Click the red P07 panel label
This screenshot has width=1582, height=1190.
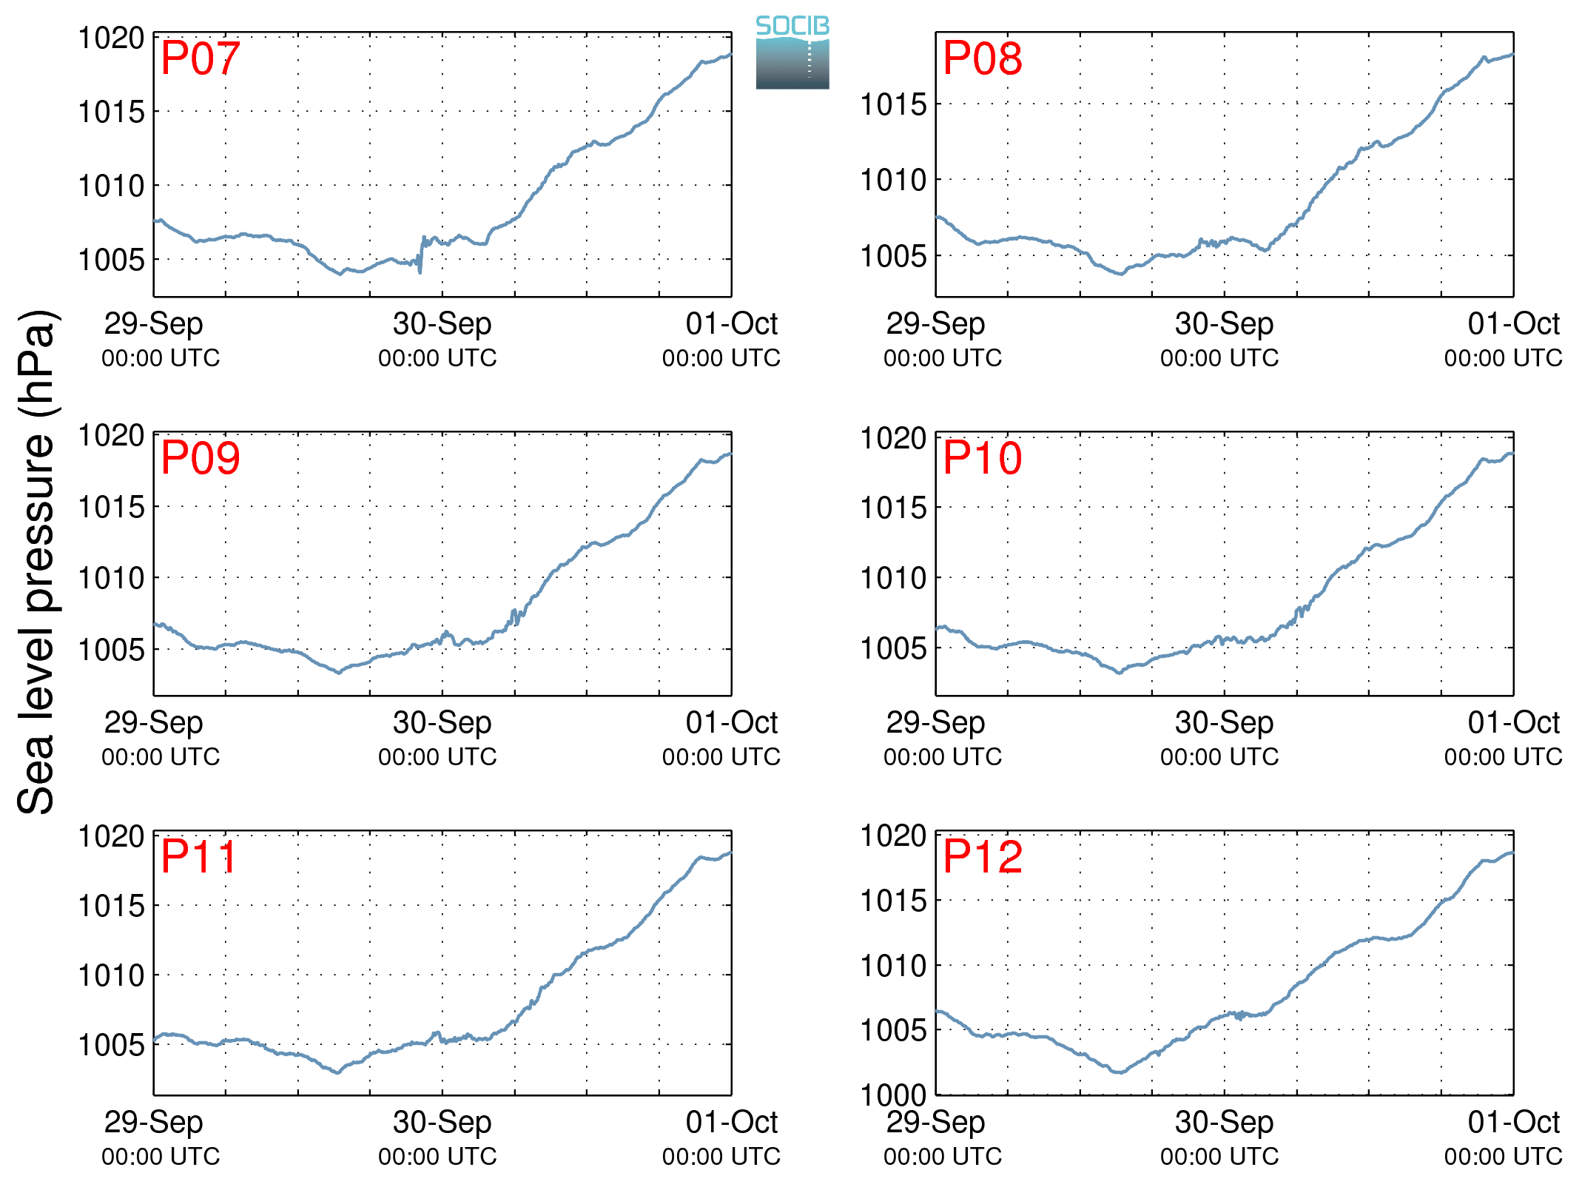[201, 58]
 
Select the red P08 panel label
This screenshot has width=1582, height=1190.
[983, 58]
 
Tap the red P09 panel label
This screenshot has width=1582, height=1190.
[201, 457]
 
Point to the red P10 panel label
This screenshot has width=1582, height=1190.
[983, 457]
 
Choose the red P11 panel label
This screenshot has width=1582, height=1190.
[198, 857]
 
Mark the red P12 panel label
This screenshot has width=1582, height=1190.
[983, 857]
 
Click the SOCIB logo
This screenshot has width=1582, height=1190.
[792, 52]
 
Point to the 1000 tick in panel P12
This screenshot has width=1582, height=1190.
[893, 1095]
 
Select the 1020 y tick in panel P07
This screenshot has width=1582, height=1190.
[112, 38]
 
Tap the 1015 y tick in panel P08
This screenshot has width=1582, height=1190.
[893, 104]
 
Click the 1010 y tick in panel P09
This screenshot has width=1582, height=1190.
[112, 578]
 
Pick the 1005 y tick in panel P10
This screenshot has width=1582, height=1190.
[893, 648]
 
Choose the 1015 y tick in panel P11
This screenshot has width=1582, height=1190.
[112, 905]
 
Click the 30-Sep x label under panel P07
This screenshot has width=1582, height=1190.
[442, 323]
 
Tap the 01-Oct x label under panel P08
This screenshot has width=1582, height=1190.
[1513, 323]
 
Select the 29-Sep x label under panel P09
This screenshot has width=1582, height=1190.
[153, 722]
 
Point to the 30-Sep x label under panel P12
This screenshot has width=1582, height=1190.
[1224, 1122]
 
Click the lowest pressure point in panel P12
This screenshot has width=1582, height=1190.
[1121, 1072]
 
